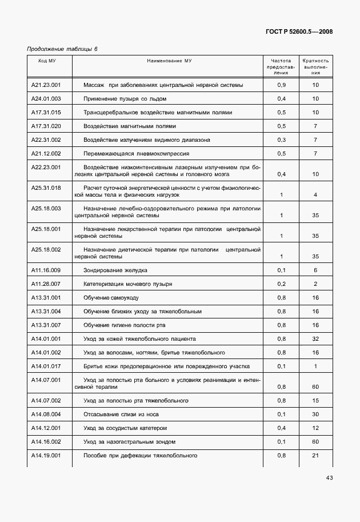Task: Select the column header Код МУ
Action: coord(47,60)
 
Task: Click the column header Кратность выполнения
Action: coord(315,66)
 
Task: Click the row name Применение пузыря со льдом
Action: coord(125,98)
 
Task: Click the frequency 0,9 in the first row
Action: coord(281,85)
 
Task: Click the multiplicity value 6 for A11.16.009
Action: coord(315,269)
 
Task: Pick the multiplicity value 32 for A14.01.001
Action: coord(315,338)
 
